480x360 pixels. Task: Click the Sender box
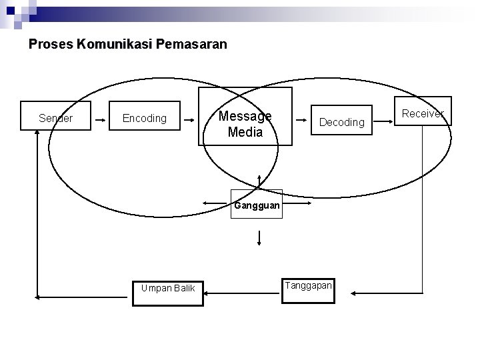tap(55, 118)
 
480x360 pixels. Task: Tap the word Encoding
tap(145, 119)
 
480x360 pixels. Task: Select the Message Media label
tap(245, 124)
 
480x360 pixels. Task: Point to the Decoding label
tap(342, 122)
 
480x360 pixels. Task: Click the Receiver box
tap(423, 113)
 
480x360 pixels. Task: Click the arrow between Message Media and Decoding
tap(305, 120)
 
